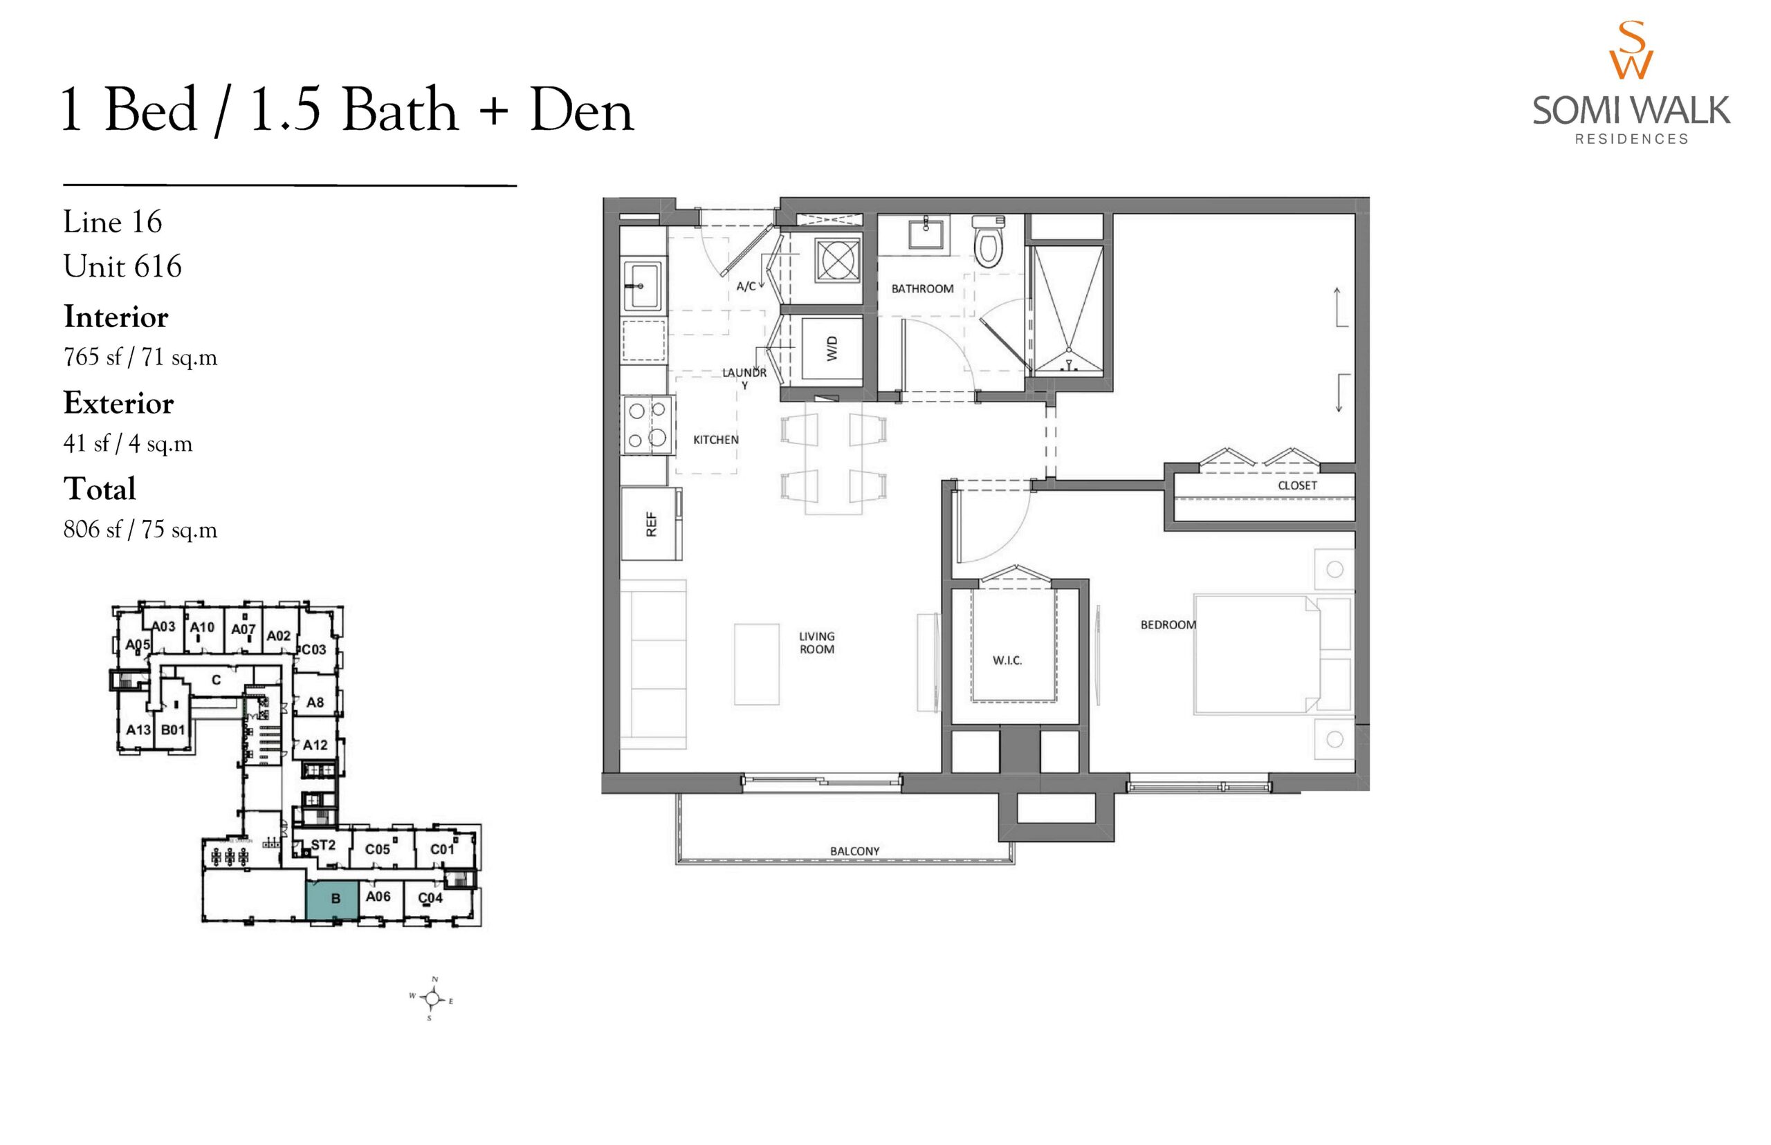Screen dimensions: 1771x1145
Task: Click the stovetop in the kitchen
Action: pos(647,425)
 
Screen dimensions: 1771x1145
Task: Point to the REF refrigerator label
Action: pos(652,524)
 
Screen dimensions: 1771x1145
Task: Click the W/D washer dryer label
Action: pos(832,348)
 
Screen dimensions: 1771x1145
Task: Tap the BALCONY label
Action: pos(854,851)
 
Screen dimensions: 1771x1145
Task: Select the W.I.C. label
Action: pos(1007,660)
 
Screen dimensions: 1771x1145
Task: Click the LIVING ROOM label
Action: pos(817,642)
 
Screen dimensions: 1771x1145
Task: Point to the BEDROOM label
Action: pos(1168,625)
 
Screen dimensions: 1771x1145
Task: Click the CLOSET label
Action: pos(1297,485)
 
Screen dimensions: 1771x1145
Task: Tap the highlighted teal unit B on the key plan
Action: pos(333,901)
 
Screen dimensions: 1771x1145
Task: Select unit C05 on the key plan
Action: pos(377,849)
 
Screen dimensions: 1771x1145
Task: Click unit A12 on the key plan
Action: pos(315,745)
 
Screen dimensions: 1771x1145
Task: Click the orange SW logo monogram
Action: pos(1631,50)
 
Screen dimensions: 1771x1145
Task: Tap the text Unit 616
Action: pos(122,266)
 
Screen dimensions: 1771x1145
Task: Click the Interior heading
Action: pos(116,317)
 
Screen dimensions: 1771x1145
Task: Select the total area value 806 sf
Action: pos(92,530)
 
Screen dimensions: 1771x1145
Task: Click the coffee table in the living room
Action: pos(756,664)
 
